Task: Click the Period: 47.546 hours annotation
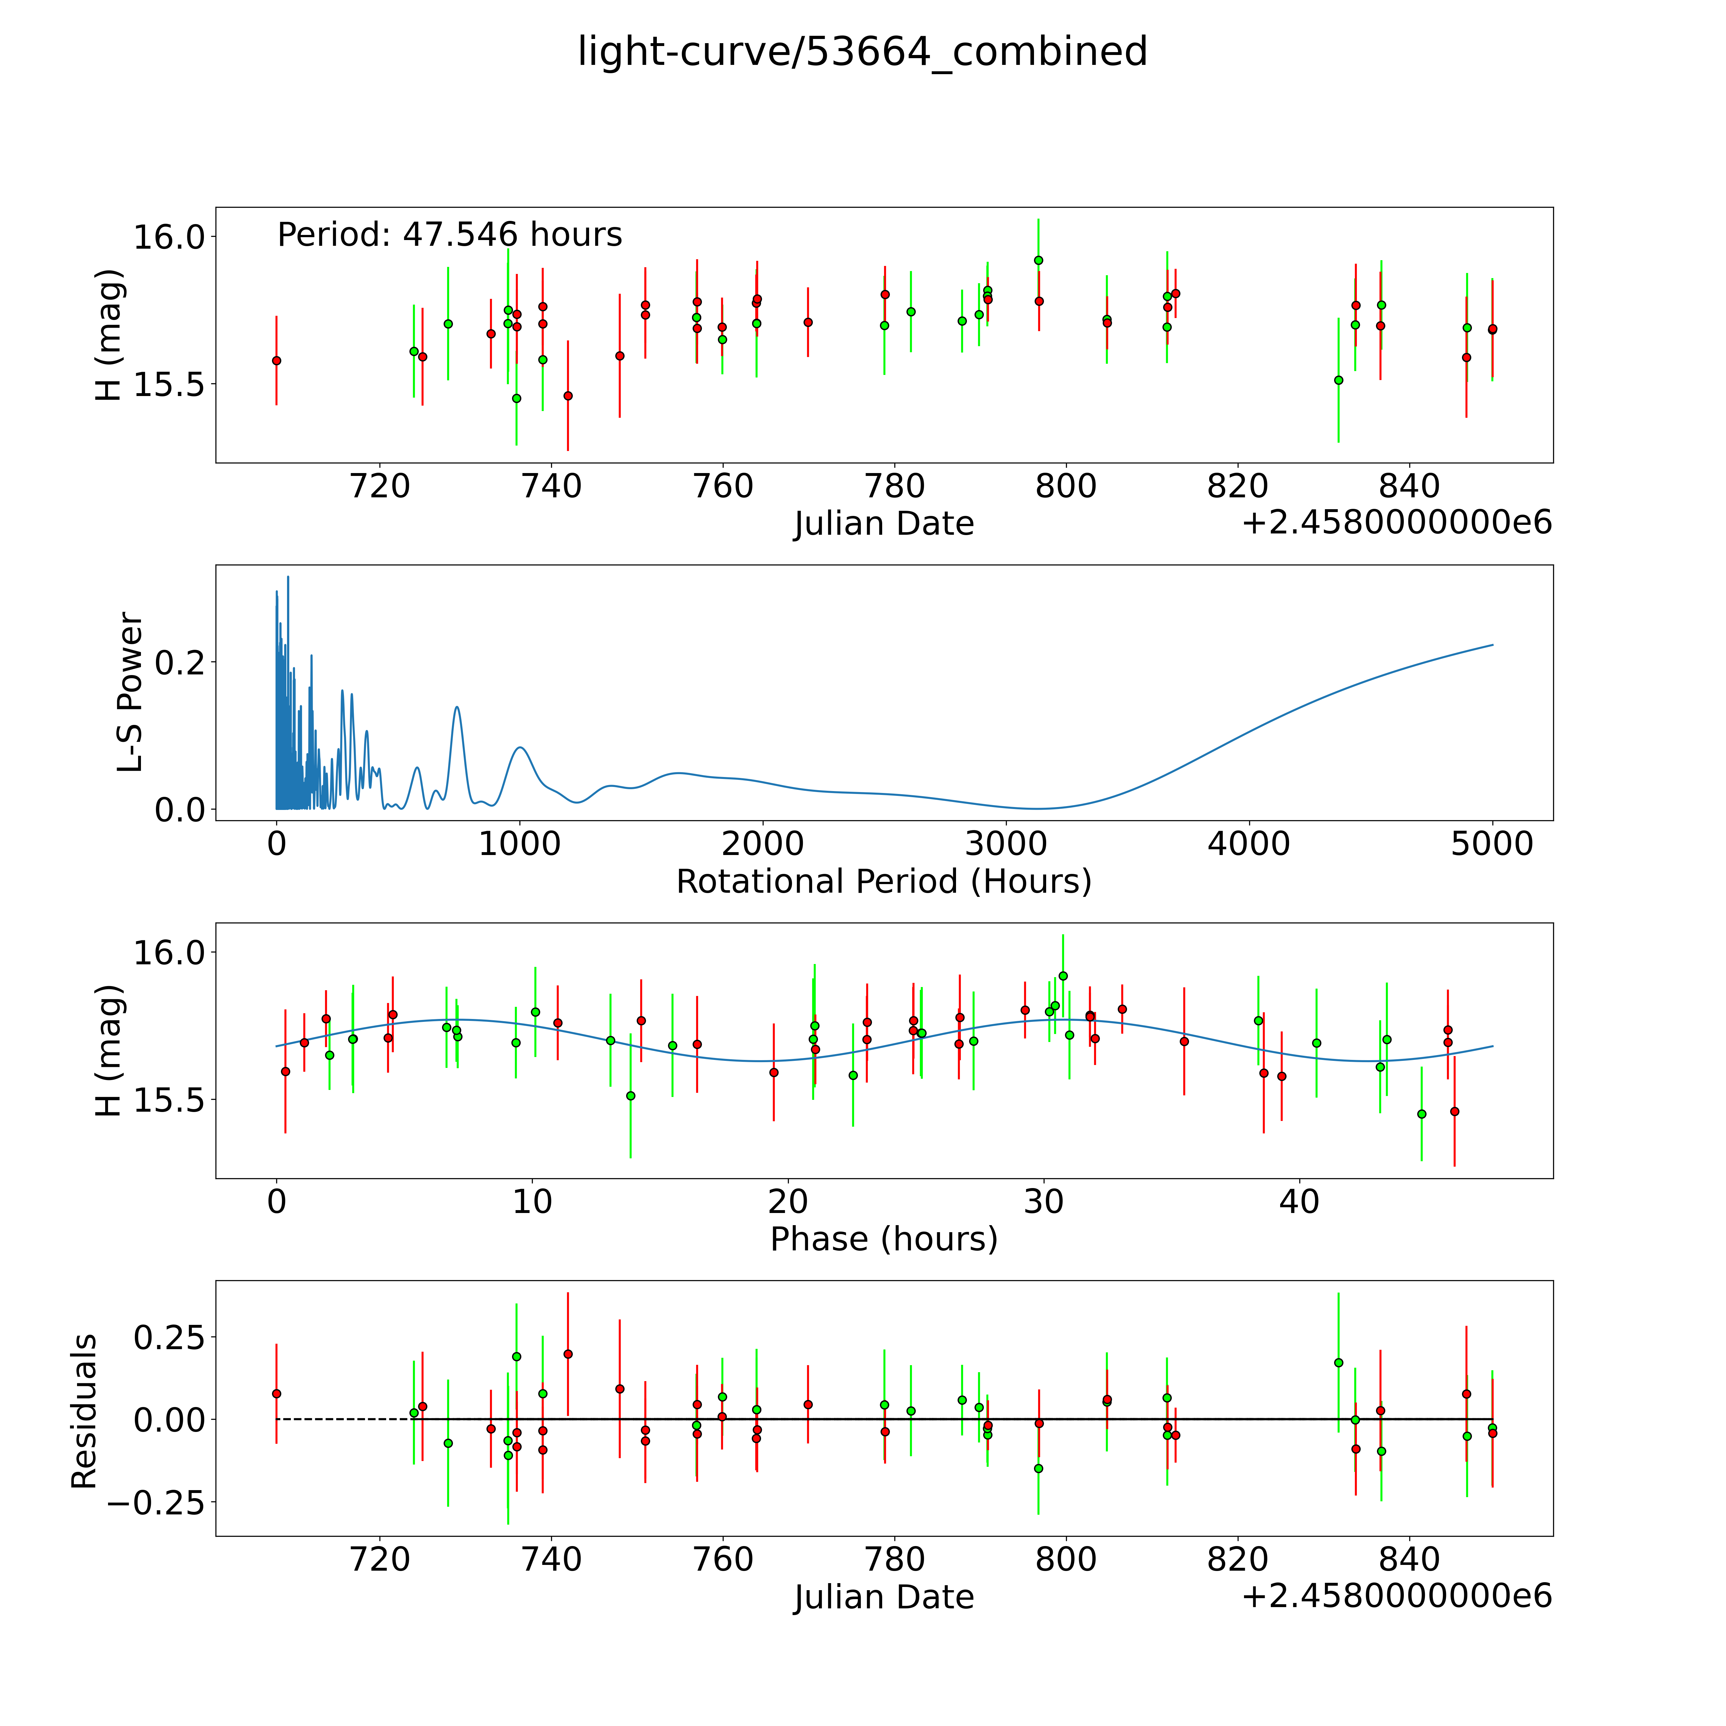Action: (x=449, y=235)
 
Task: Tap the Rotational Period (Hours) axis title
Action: (x=883, y=882)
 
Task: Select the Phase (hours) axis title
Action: (x=883, y=1239)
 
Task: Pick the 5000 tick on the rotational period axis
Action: (x=1492, y=844)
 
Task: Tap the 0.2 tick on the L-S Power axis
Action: (x=181, y=662)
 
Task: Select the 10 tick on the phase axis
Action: (x=533, y=1201)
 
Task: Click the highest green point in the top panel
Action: (x=1038, y=260)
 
